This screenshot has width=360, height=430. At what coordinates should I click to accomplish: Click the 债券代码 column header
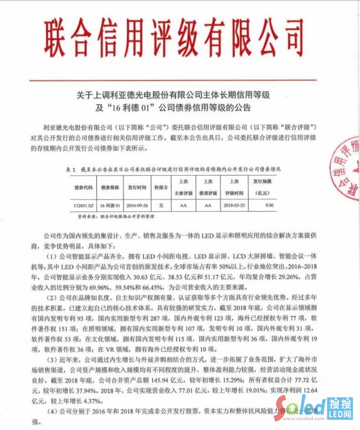pyautogui.click(x=82, y=187)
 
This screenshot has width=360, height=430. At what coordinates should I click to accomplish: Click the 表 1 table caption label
pyautogui.click(x=70, y=168)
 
